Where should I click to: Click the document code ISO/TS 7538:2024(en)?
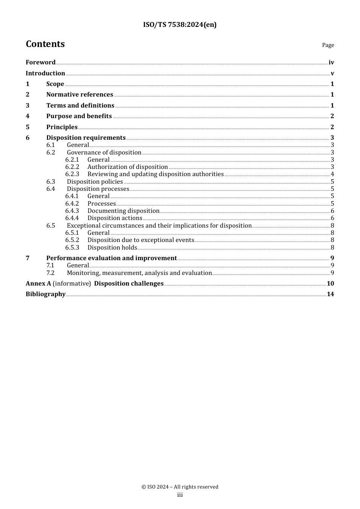click(180, 25)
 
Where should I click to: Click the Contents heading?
click(45, 44)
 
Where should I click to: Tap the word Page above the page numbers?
click(328, 45)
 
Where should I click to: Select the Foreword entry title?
click(41, 62)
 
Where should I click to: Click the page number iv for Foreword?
click(331, 62)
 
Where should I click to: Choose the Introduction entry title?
click(45, 73)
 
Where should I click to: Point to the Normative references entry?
click(80, 95)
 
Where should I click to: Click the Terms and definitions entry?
click(80, 106)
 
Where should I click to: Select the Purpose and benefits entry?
click(79, 116)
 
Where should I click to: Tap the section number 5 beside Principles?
click(28, 127)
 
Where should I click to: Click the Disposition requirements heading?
click(86, 138)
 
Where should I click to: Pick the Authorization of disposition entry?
click(127, 167)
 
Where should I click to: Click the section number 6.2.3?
click(72, 174)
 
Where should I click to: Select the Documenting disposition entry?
click(123, 211)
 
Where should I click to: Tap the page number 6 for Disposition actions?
click(332, 218)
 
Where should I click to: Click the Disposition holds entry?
click(112, 248)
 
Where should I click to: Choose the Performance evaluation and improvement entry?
click(111, 258)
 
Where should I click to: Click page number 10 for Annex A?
click(330, 284)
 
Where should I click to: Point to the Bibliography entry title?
click(45, 294)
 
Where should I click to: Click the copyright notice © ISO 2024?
click(180, 487)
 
